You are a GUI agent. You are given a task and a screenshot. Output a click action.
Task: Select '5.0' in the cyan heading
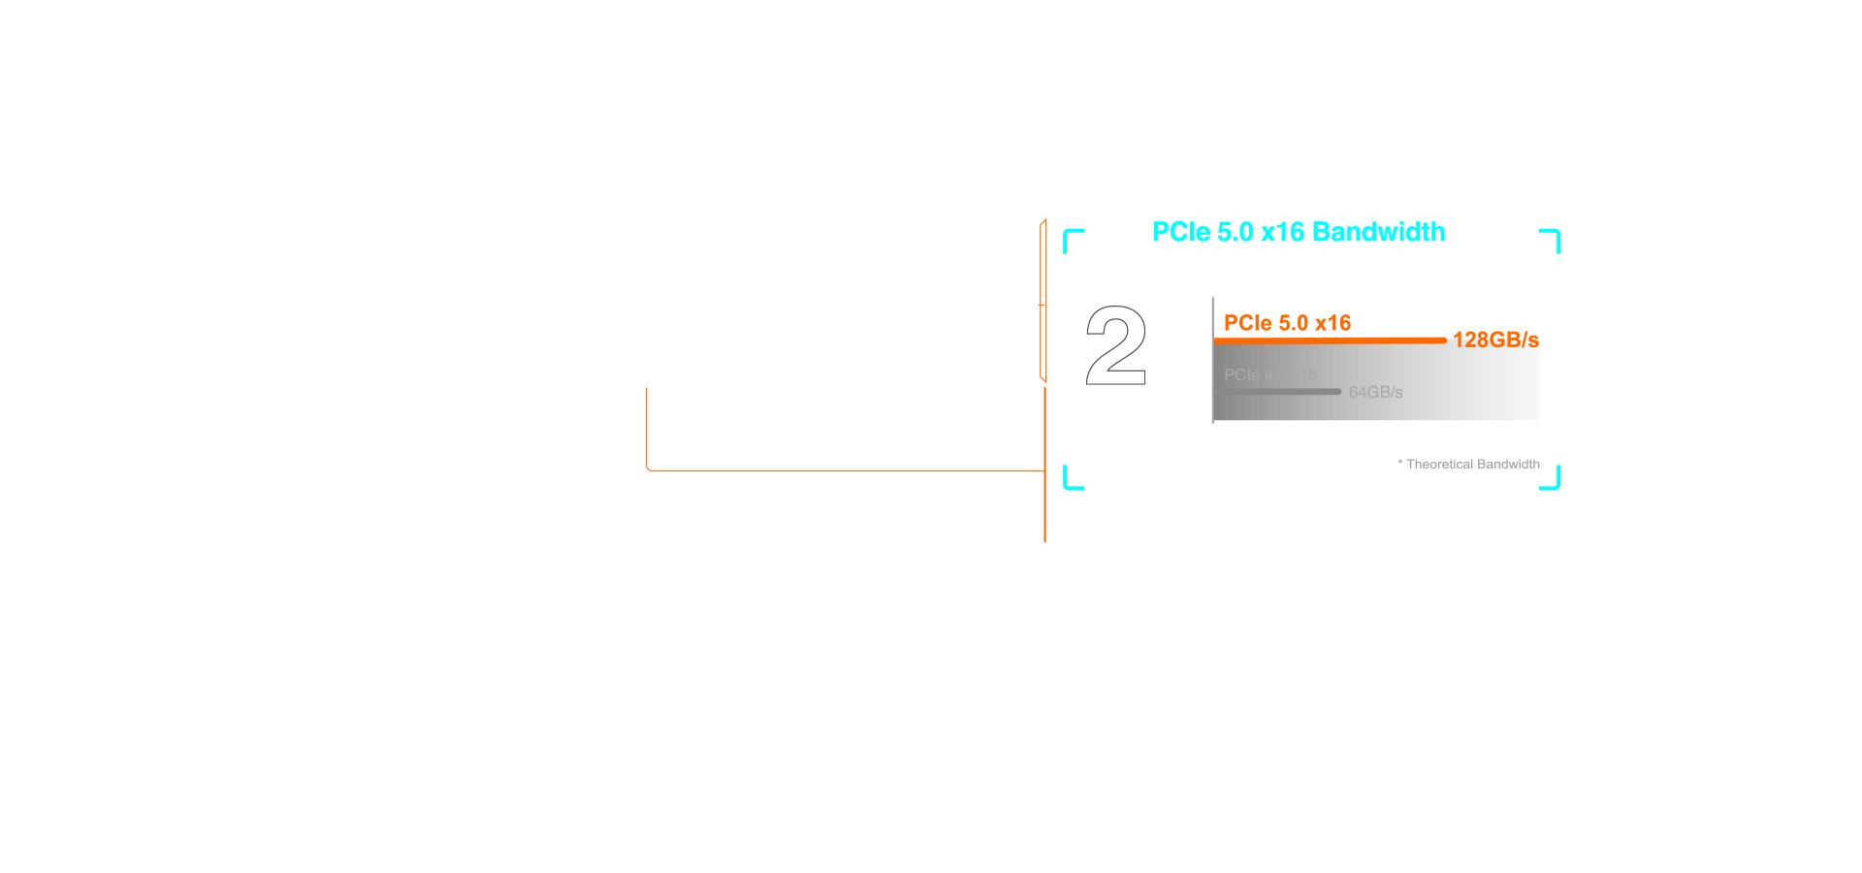tap(1235, 233)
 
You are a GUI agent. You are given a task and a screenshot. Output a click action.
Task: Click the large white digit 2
tap(1116, 346)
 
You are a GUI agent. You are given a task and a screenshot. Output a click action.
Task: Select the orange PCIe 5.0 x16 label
tap(1287, 323)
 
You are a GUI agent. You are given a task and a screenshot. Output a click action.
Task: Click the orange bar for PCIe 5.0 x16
tap(1329, 340)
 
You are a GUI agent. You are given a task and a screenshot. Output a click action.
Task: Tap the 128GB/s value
tap(1495, 339)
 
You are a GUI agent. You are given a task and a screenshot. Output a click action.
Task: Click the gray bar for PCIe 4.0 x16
tap(1276, 392)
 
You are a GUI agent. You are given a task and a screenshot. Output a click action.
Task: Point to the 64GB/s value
tap(1375, 392)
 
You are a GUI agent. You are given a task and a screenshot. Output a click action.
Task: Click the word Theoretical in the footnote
tap(1438, 465)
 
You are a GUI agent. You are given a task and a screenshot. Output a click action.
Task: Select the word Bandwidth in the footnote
tap(1507, 465)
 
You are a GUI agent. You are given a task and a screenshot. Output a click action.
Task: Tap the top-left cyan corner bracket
tap(1070, 237)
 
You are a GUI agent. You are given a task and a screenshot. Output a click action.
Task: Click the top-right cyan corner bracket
tap(1552, 237)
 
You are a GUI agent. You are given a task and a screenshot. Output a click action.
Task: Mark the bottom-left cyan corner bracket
tap(1070, 481)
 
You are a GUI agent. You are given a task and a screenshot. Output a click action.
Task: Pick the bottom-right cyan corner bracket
tap(1552, 481)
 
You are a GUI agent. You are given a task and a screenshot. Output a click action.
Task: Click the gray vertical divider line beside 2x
tap(1212, 360)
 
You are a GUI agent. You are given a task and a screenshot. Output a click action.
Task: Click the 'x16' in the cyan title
tap(1283, 233)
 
